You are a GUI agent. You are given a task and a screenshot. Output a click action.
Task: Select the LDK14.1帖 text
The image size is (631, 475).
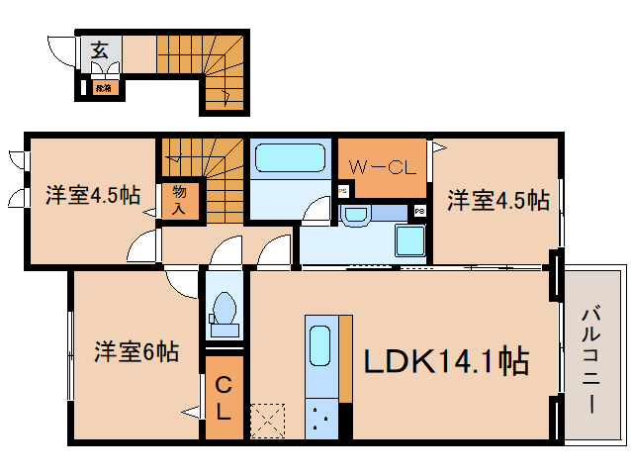click(447, 361)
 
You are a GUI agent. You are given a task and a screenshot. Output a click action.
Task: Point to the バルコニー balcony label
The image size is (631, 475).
click(590, 359)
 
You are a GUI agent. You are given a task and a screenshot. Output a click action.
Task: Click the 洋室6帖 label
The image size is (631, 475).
click(136, 351)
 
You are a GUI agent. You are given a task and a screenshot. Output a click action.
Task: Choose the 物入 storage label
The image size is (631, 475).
click(179, 199)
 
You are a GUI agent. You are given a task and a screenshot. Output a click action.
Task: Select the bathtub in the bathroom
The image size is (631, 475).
click(290, 158)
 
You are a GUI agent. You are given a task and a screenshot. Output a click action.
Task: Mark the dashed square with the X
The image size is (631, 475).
click(268, 421)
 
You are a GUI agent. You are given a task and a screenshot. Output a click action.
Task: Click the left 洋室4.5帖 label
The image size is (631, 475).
click(91, 195)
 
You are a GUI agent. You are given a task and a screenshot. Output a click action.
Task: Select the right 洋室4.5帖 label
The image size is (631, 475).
click(498, 200)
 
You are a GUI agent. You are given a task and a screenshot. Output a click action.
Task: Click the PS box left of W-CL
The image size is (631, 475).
click(342, 191)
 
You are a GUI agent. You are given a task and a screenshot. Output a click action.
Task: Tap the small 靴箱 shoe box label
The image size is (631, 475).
click(103, 89)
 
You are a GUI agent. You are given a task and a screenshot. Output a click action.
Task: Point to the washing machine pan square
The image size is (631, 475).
click(408, 240)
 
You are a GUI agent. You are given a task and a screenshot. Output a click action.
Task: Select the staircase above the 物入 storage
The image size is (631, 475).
click(203, 158)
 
